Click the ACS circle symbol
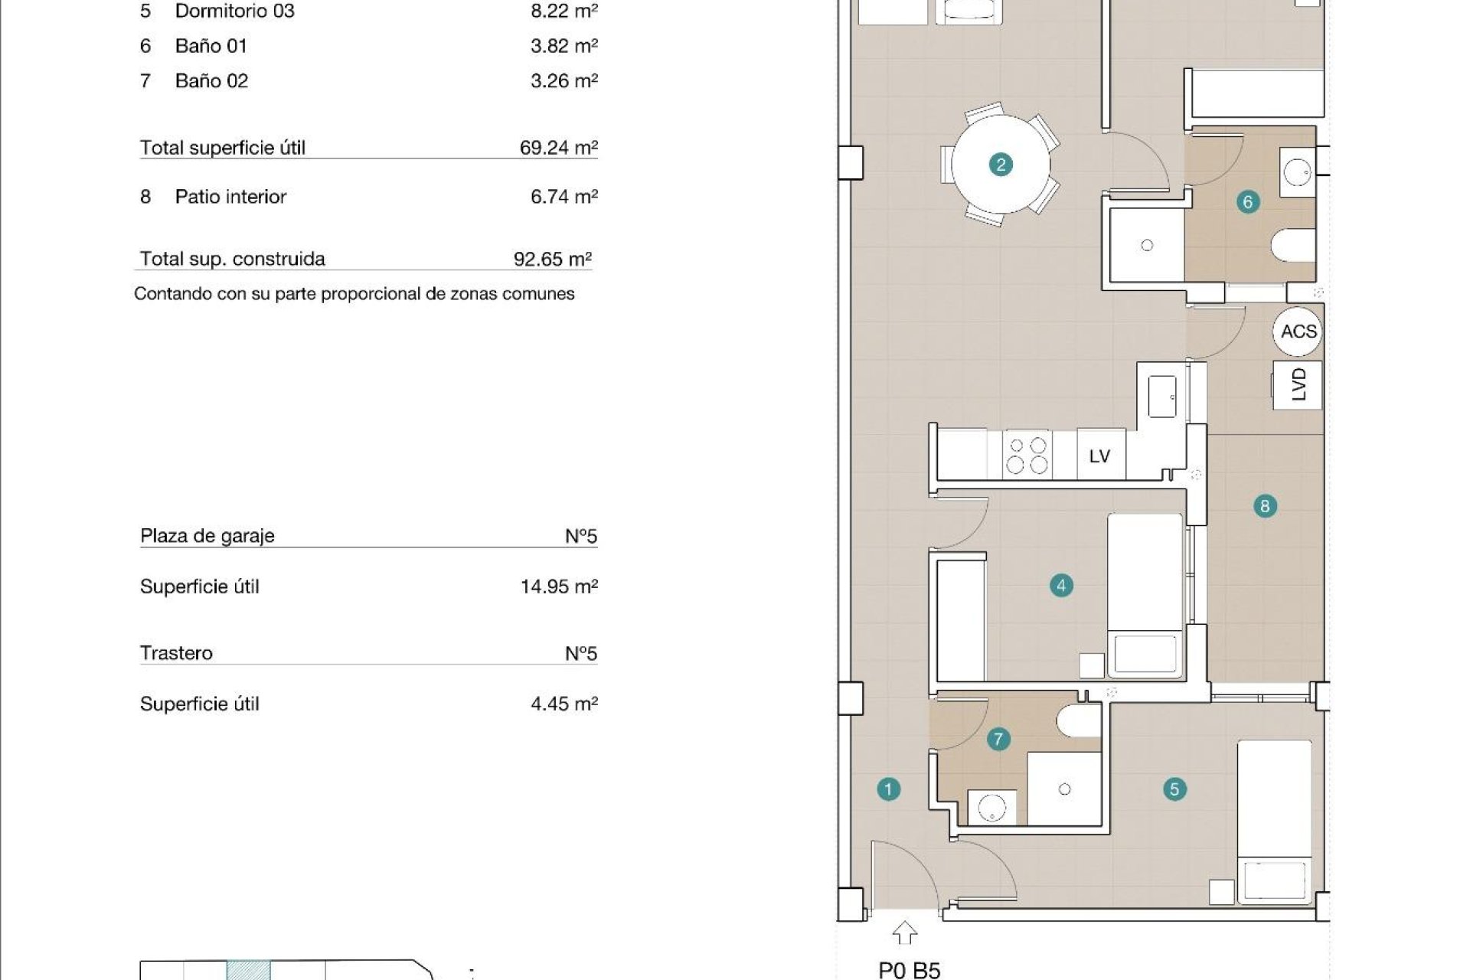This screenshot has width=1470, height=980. [x=1298, y=332]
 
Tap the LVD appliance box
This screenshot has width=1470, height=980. [x=1298, y=384]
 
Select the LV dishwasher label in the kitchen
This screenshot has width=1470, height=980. [x=1099, y=456]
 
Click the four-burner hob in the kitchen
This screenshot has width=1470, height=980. [x=1027, y=456]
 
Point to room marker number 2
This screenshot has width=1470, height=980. [x=1001, y=165]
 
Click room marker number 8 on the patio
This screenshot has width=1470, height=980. [x=1265, y=506]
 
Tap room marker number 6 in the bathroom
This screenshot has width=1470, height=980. [x=1248, y=202]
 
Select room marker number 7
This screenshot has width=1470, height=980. [x=998, y=740]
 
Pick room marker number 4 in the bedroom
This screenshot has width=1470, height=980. [x=1061, y=586]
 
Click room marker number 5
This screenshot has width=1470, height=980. [x=1174, y=789]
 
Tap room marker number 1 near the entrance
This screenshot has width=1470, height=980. [x=888, y=789]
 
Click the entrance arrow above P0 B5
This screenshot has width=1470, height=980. [x=905, y=933]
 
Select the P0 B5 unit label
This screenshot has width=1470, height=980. [x=910, y=970]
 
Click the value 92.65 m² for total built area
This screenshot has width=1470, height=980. [x=552, y=259]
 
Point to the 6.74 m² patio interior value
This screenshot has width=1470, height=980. [x=563, y=197]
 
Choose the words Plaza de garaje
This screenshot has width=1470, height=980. [x=207, y=536]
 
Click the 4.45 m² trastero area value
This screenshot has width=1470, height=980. [x=563, y=704]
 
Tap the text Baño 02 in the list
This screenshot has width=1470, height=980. [x=211, y=81]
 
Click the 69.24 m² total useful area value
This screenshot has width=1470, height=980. [x=558, y=148]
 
